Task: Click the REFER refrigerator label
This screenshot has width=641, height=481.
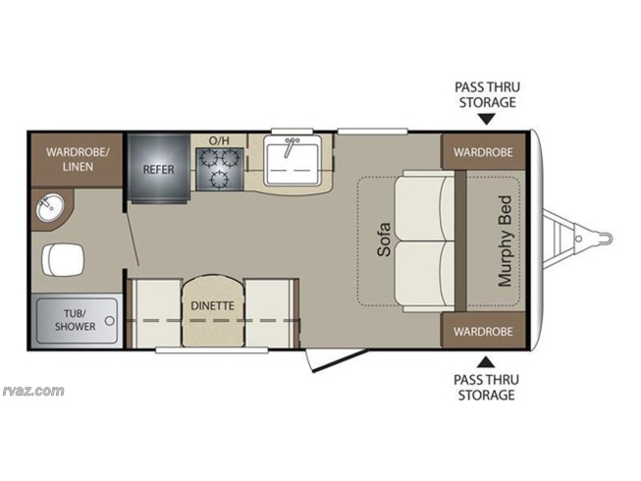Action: point(158,169)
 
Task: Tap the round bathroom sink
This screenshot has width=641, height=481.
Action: point(49,206)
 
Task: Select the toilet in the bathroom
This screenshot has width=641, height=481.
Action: point(63,259)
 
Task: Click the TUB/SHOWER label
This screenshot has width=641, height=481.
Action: point(76,320)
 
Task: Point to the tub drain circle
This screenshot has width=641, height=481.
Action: point(110,320)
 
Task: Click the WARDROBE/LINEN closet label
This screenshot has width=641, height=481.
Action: point(78,159)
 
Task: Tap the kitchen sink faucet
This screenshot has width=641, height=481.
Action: point(291,146)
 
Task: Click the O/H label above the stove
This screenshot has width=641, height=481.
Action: point(219,141)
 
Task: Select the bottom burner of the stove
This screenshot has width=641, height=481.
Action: point(221,179)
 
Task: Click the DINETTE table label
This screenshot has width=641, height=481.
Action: point(213,305)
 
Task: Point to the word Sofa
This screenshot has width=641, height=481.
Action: point(384,240)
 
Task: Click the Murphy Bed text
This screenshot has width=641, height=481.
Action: point(505,241)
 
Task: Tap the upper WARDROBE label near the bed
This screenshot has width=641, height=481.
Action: point(483,152)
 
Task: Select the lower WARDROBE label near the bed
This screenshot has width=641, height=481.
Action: point(483,331)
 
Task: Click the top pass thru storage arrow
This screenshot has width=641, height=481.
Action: point(487,119)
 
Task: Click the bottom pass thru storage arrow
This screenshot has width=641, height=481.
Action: point(486,361)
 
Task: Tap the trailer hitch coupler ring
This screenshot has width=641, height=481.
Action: point(606,237)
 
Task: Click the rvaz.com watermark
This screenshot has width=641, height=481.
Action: point(33,391)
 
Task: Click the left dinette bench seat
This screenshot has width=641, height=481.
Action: point(157,313)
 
